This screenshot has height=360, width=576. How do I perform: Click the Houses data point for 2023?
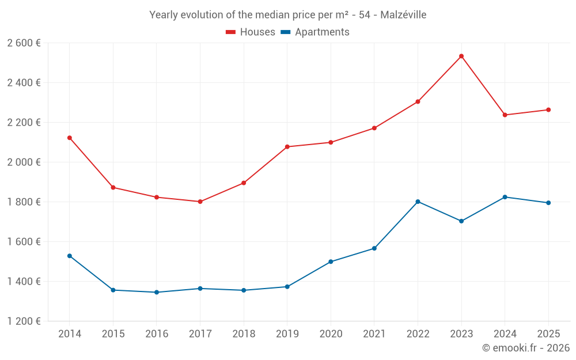[x=461, y=56]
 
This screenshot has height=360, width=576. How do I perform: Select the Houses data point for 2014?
[x=70, y=138]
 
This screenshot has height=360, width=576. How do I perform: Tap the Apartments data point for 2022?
[x=418, y=202]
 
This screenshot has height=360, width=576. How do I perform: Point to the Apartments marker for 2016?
[x=157, y=293]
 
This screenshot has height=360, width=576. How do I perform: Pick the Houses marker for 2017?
[x=200, y=202]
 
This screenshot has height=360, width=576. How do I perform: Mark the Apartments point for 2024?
[x=505, y=197]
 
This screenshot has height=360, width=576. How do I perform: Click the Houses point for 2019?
[x=287, y=147]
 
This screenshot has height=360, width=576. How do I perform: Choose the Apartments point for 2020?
[x=331, y=262]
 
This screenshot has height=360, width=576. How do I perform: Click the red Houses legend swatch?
[x=230, y=32]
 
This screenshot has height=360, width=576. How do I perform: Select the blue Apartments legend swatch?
[x=286, y=32]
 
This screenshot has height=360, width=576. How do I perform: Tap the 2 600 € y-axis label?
[x=24, y=43]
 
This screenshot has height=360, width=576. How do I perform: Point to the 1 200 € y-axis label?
[x=24, y=321]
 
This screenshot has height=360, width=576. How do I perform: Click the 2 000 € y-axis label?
[x=24, y=162]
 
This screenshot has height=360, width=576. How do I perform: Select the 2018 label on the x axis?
[x=244, y=334]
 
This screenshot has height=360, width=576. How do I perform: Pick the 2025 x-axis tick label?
[x=548, y=334]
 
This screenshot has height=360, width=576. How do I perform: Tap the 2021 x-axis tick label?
[x=374, y=334]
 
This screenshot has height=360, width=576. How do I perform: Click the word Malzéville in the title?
[x=403, y=15]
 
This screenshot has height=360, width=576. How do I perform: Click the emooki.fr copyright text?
[x=526, y=347]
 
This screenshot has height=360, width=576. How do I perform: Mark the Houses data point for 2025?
[x=548, y=110]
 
